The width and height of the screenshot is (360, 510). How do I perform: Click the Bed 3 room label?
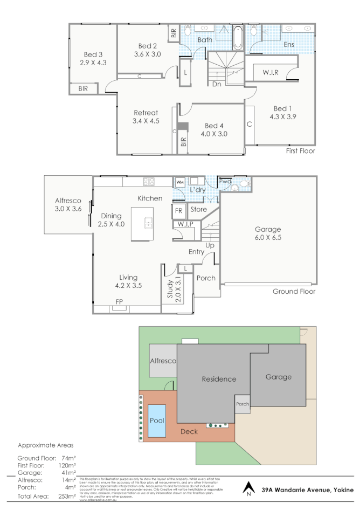93,54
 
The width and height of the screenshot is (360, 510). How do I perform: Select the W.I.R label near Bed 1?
271,72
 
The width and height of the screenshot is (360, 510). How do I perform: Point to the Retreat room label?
146,112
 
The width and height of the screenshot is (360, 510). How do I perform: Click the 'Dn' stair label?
216,84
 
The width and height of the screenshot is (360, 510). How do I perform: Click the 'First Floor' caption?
300,151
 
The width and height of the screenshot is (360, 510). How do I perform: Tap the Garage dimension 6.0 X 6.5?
268,238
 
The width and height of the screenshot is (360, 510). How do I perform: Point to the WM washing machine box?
179,182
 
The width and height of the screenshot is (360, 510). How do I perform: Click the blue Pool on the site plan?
156,421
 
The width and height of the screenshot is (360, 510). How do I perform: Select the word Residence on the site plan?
219,379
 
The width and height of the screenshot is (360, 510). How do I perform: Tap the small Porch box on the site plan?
243,404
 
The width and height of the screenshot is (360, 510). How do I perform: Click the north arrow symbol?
248,488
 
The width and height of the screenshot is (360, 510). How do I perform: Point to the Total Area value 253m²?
67,496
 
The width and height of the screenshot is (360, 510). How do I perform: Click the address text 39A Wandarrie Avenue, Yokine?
308,491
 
